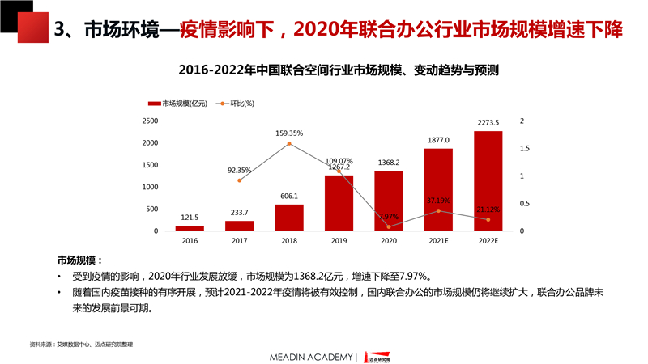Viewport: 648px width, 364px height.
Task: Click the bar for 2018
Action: (289, 218)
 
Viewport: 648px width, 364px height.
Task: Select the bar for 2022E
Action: (488, 181)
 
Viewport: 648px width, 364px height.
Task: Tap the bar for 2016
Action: (190, 228)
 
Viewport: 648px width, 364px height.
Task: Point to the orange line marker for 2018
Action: (289, 144)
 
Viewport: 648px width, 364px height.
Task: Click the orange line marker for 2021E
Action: (438, 211)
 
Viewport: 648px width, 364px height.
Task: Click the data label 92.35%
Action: (239, 171)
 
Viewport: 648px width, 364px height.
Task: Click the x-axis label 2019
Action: (339, 241)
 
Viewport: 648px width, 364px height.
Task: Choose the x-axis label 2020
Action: (388, 241)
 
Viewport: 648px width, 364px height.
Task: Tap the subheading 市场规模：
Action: (79, 260)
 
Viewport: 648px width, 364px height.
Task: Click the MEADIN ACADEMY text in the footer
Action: (312, 357)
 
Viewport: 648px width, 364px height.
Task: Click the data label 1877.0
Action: (438, 140)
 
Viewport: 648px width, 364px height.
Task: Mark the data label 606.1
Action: (289, 196)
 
